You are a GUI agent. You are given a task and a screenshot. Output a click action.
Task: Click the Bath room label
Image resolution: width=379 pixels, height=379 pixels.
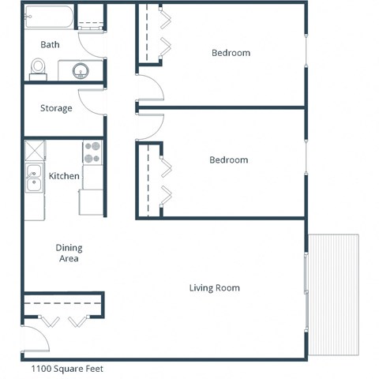tap(51, 45)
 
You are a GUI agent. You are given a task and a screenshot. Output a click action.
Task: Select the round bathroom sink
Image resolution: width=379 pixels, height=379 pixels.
tap(81, 72)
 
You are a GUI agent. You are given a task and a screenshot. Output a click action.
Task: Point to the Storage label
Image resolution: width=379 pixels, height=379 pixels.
tap(56, 108)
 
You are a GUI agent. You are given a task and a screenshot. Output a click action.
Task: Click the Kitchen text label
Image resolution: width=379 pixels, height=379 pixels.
tap(64, 175)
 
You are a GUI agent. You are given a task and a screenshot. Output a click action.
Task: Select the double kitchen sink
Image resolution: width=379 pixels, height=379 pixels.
tap(34, 179)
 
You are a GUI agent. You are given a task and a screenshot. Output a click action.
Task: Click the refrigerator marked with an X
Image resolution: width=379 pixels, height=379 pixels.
tap(34, 151)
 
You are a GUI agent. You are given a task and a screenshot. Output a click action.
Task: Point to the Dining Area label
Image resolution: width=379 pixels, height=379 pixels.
tap(69, 253)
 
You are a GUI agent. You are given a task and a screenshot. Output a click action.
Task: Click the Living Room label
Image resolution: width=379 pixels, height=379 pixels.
tap(214, 287)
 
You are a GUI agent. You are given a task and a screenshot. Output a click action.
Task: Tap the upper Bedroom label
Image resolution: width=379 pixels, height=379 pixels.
tap(231, 53)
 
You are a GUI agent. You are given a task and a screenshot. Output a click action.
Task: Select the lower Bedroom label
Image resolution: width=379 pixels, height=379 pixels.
tap(228, 160)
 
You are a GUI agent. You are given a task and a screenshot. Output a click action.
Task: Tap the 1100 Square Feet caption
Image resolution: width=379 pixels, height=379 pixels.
tap(66, 368)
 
